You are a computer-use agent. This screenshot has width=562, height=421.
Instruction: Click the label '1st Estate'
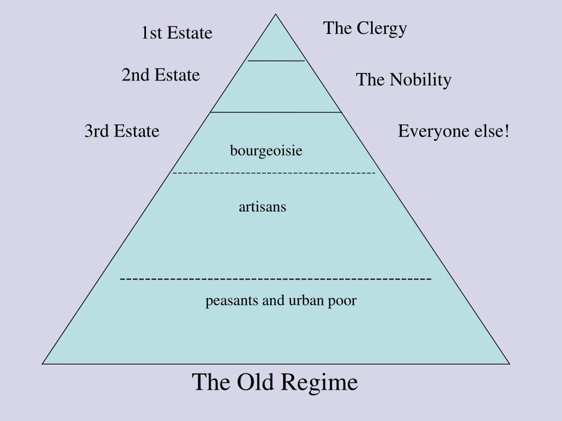click(176, 33)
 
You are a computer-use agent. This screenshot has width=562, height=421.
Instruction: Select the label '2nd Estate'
click(161, 75)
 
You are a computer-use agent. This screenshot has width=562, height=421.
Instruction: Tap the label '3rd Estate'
click(122, 132)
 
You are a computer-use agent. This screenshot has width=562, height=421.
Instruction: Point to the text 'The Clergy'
click(365, 28)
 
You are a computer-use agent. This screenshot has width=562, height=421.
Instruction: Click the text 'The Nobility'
click(403, 80)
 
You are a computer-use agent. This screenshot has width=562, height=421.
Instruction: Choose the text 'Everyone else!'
click(454, 132)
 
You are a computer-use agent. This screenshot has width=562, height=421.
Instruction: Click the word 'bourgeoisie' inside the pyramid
click(266, 151)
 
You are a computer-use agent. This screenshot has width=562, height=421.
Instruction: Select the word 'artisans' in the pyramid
click(262, 207)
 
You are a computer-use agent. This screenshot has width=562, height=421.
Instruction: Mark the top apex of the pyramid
click(276, 14)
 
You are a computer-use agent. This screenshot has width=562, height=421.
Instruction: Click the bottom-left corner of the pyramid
click(43, 363)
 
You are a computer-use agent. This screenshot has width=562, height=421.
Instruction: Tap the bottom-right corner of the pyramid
click(509, 363)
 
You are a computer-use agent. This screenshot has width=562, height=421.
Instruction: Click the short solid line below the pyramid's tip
click(276, 60)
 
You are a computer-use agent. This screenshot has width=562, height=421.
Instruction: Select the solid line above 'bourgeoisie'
click(276, 112)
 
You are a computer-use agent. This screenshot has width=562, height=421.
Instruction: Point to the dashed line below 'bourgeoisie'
click(274, 173)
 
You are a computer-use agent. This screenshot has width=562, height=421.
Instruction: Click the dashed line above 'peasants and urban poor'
click(276, 280)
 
